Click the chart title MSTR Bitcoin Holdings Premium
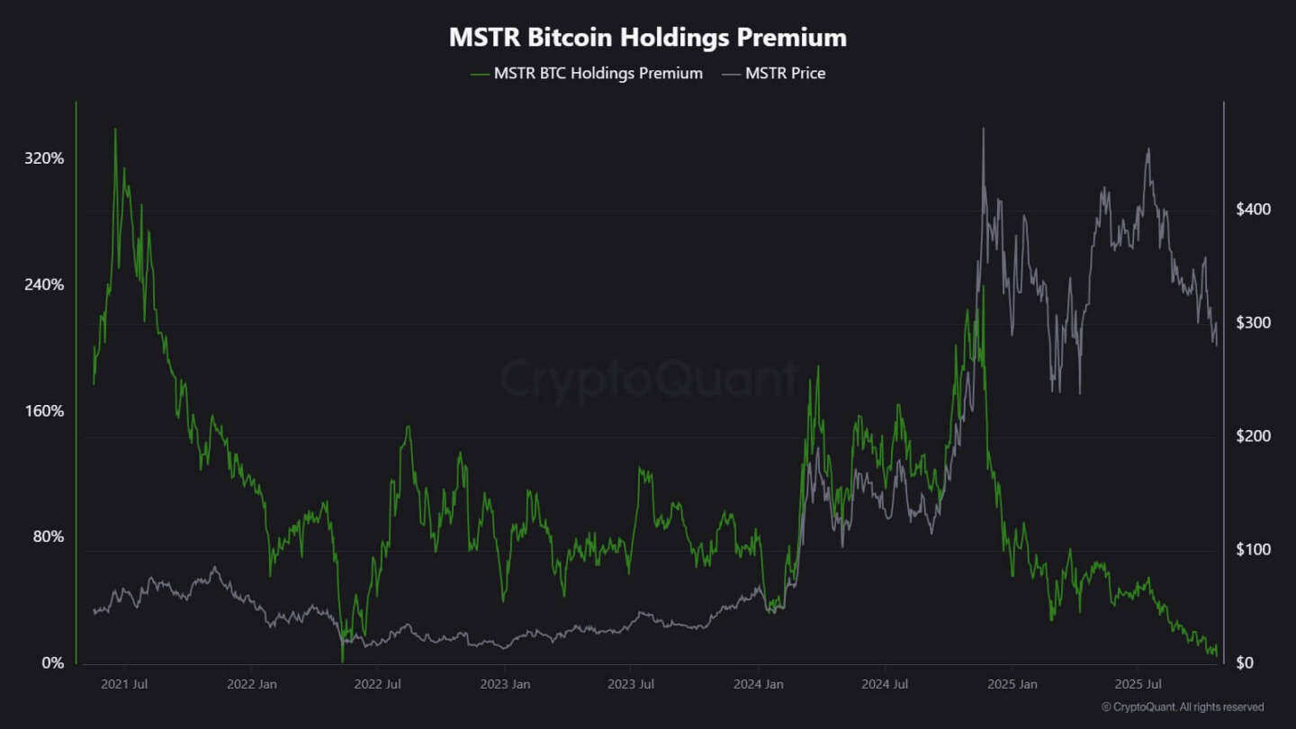coord(648,38)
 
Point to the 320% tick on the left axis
coord(44,158)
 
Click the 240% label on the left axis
coord(44,284)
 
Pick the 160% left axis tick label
coord(44,411)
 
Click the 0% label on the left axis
coord(52,663)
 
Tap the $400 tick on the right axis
coord(1253,210)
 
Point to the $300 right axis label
coord(1253,323)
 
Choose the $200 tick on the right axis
coord(1253,436)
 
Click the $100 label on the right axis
coord(1253,550)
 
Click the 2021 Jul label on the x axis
coord(124,684)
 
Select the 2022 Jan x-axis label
coord(251,684)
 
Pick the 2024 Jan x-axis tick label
coord(759,684)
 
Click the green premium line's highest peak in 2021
coord(115,130)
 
